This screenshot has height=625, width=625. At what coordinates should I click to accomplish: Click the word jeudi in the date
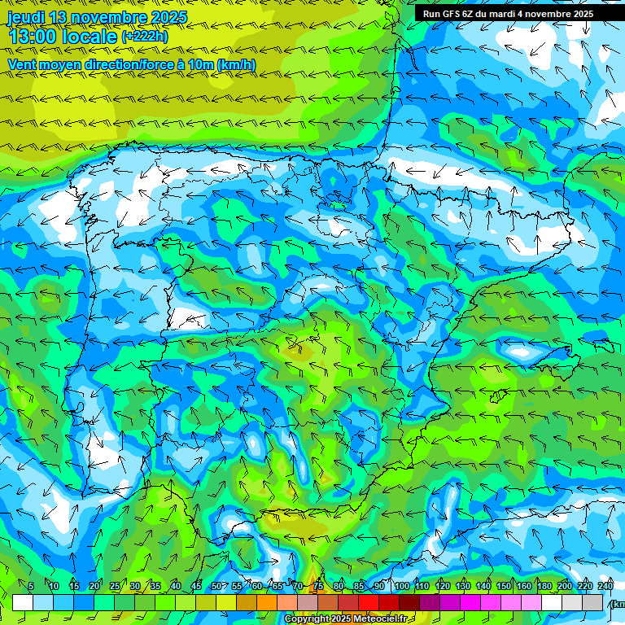(x=27, y=18)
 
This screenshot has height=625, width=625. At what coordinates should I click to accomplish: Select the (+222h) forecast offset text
(x=144, y=37)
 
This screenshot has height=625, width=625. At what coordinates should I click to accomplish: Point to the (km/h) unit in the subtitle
(x=236, y=64)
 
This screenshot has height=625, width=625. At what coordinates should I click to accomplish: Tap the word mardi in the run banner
(x=514, y=14)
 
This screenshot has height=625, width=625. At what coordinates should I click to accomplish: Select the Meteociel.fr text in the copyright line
(x=378, y=619)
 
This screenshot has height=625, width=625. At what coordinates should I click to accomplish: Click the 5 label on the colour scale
(x=31, y=586)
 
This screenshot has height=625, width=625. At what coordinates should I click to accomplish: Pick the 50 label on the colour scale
(x=216, y=586)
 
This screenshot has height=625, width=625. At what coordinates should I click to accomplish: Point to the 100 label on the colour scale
(x=402, y=586)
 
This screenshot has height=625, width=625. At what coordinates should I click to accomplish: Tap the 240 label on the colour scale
(x=605, y=586)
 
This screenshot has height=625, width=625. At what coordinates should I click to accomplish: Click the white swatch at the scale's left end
(x=23, y=602)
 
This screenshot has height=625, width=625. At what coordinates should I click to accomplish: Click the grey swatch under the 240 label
(x=592, y=602)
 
